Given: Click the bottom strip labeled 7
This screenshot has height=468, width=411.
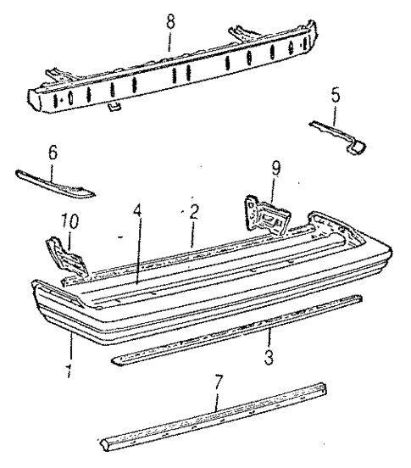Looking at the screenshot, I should [x=212, y=419].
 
